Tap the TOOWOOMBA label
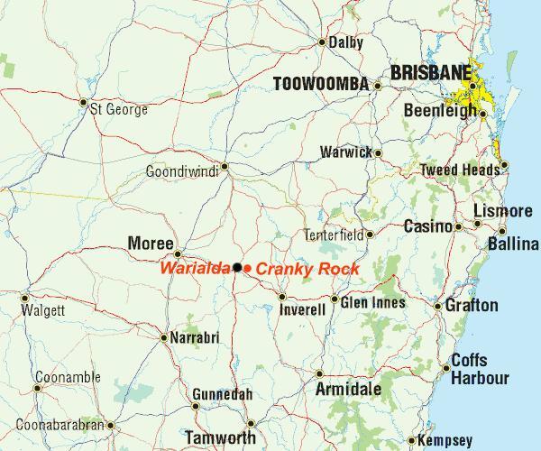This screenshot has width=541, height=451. pyautogui.click(x=321, y=84)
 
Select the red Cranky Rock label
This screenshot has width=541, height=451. pyautogui.click(x=308, y=269)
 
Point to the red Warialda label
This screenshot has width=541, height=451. pyautogui.click(x=195, y=268)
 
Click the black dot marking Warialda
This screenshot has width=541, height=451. pyautogui.click(x=237, y=267)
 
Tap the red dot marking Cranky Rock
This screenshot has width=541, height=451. pyautogui.click(x=248, y=268)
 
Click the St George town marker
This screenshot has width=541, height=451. pyautogui.click(x=84, y=102)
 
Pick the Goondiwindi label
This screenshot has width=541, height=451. pyautogui.click(x=181, y=171)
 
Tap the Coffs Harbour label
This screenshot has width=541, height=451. pyautogui.click(x=480, y=369)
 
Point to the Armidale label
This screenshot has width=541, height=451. pyautogui.click(x=348, y=390)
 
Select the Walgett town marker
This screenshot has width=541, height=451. pyautogui.click(x=24, y=298)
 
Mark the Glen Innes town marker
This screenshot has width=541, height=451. pyautogui.click(x=335, y=299)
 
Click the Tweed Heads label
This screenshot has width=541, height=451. pyautogui.click(x=459, y=170)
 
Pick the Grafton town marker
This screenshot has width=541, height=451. pyautogui.click(x=438, y=307)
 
